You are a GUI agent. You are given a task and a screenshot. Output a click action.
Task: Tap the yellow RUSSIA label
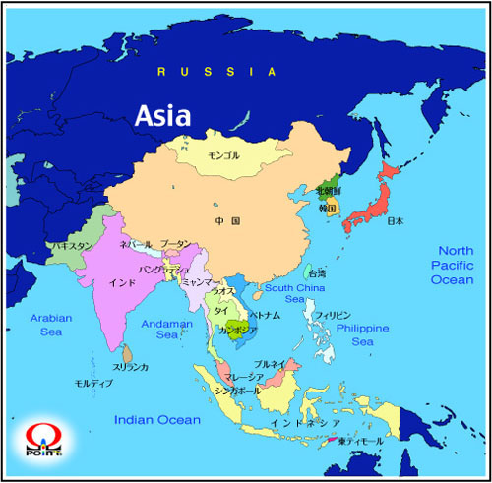pyautogui.click(x=219, y=72)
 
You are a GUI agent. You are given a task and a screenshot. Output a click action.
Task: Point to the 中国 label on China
pyautogui.click(x=228, y=221)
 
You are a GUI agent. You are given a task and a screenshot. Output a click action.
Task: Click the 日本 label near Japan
pyautogui.click(x=396, y=221)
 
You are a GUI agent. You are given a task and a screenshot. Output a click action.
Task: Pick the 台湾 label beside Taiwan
pyautogui.click(x=318, y=272)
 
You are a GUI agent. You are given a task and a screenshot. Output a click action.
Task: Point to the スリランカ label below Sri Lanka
pyautogui.click(x=131, y=367)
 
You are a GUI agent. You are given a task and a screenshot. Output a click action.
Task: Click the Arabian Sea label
pyautogui.click(x=52, y=325)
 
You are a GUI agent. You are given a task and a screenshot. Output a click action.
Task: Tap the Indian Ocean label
pyautogui.click(x=157, y=420)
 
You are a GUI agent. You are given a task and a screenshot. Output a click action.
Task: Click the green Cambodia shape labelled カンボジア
pyautogui.click(x=236, y=328)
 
